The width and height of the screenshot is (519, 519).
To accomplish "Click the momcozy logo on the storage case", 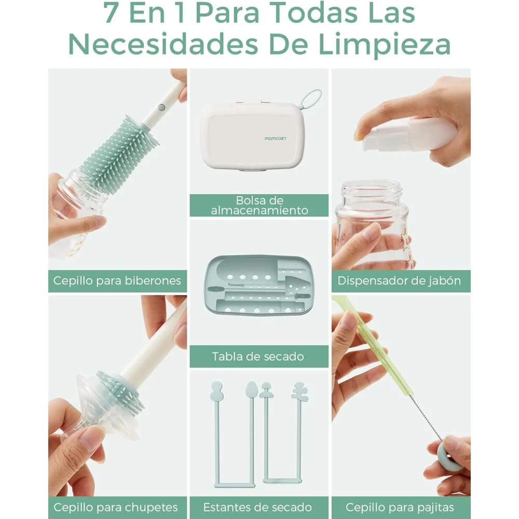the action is click(276, 139).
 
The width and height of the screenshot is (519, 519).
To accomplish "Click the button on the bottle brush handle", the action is click(161, 107).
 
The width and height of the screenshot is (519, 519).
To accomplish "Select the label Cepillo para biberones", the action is click(117, 281).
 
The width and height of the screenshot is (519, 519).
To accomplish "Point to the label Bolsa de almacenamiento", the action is click(259, 205).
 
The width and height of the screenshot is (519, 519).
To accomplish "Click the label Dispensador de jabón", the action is click(399, 281).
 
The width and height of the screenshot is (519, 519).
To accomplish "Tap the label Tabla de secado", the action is click(258, 357).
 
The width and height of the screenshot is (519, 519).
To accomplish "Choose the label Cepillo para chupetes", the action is click(116, 508).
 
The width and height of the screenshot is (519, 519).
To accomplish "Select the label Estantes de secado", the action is click(257, 508).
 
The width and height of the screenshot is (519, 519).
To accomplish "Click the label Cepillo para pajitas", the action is click(400, 508).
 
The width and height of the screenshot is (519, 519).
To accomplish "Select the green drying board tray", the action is click(259, 285).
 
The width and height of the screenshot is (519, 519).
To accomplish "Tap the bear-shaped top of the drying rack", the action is click(300, 391).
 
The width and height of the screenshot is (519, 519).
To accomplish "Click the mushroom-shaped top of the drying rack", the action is click(266, 391).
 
